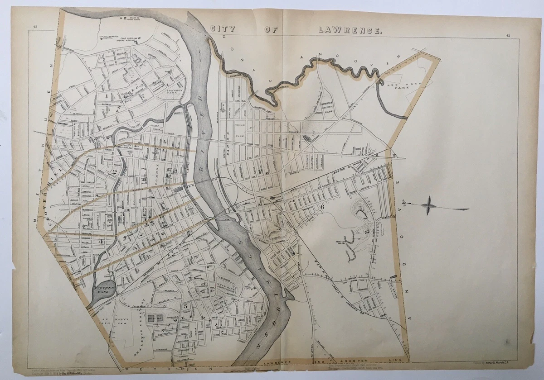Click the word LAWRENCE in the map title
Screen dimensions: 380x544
point(350,30)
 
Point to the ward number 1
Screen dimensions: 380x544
point(107,96)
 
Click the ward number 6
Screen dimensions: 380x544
point(322,206)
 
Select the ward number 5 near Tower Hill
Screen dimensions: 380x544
point(185,307)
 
